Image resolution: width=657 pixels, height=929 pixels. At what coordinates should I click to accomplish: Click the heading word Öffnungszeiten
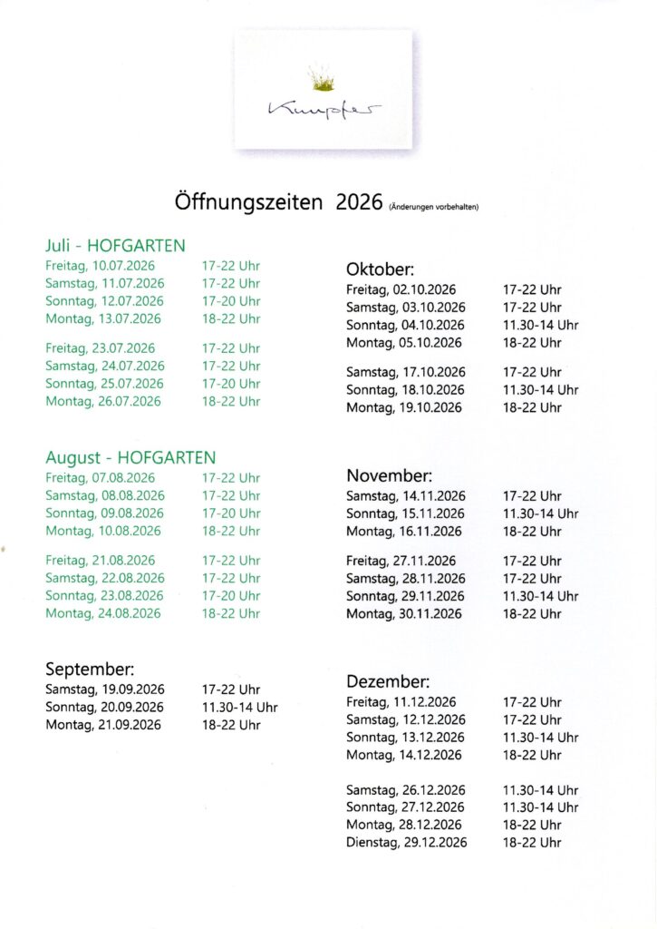point(247,202)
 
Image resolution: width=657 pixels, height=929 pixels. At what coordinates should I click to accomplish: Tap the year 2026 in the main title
point(359,202)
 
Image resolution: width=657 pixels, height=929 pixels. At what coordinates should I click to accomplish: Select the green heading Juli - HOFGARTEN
point(115,246)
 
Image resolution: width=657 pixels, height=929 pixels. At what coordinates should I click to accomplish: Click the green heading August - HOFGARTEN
point(130,458)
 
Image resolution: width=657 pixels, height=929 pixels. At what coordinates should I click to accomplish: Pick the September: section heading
point(90,670)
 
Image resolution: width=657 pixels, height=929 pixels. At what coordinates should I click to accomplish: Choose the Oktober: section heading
point(380,269)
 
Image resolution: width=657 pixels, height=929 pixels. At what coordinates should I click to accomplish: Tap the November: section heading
point(390,475)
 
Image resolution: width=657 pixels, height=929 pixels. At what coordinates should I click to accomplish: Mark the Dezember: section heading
point(388,681)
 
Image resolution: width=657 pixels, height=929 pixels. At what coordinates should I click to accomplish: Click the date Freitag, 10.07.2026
point(100,266)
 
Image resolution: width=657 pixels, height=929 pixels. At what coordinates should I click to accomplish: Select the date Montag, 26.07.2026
point(102,401)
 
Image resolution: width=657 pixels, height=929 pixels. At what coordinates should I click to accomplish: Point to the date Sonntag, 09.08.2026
point(104,513)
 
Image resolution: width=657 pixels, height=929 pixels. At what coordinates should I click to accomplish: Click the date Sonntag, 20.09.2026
point(104,707)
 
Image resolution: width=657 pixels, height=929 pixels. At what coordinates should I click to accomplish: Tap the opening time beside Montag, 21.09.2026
point(230,725)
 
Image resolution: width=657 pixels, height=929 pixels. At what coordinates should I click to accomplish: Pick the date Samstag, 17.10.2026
point(405,372)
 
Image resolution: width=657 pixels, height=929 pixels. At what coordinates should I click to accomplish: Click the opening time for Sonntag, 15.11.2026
point(540,513)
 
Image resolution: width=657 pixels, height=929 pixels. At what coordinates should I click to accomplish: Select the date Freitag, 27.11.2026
point(401,561)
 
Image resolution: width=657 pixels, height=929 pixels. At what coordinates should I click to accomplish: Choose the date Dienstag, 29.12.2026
point(406,843)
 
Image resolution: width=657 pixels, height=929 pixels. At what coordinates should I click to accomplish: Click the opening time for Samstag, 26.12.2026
point(540,790)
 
